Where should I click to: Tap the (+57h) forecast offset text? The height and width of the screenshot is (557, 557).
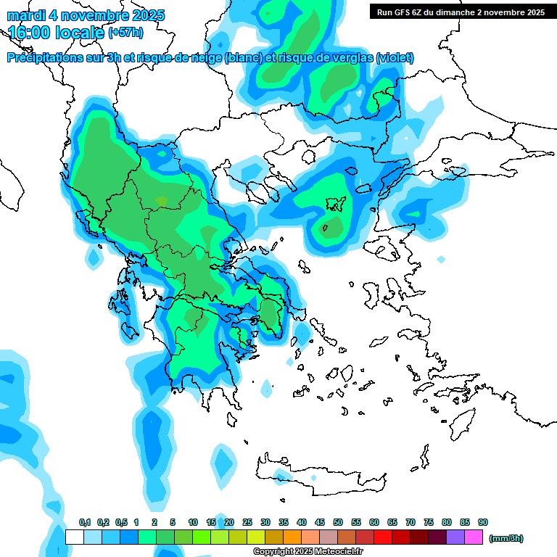coord(125,33)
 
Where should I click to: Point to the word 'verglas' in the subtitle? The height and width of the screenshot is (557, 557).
coord(345,58)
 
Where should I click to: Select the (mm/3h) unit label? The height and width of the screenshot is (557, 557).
coord(506,538)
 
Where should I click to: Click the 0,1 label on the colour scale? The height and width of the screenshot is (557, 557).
coord(84,523)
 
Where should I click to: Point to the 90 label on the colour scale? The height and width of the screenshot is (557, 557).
coord(483,523)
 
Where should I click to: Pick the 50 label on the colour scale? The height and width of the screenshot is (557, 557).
coord(338,523)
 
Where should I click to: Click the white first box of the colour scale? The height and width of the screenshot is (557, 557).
coord(75,537)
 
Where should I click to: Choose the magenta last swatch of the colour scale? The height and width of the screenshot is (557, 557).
coord(474,537)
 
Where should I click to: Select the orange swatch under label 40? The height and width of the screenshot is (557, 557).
coord(292,537)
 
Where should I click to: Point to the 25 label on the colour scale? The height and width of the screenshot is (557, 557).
coord(247,523)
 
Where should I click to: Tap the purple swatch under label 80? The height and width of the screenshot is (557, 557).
coord(455,537)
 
